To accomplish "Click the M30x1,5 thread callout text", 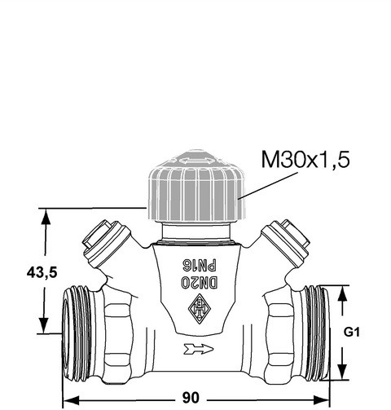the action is click(305, 160).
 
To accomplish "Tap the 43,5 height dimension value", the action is click(42, 272).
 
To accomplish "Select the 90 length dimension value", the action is click(191, 398).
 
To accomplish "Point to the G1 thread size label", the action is click(352, 333).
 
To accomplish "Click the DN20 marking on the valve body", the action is click(199, 283).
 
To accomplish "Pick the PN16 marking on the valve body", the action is click(200, 265).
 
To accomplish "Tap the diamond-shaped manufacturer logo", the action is click(200, 309).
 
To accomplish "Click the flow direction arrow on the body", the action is click(199, 350).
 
